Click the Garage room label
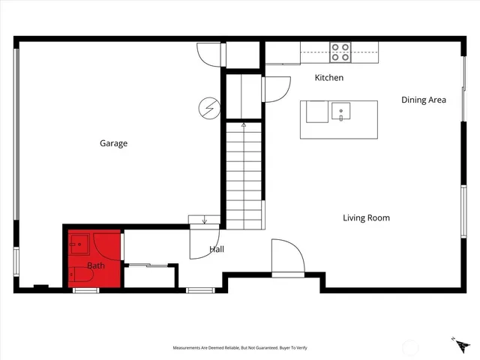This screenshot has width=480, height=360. click(114, 143)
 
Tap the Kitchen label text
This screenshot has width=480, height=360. click(328, 78)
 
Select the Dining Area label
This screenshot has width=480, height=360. click(424, 100)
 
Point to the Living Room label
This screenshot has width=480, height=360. click(366, 218)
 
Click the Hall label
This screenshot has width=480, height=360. click(217, 249)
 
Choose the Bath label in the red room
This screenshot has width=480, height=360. click(96, 265)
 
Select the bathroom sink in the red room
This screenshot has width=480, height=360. click(78, 244)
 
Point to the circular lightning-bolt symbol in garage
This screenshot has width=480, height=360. click(209, 109)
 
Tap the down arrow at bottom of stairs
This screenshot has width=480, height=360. click(205, 220)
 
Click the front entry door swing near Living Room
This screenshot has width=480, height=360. click(288, 259)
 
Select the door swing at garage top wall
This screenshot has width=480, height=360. click(210, 54)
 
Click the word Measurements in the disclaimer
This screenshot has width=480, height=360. click(190, 348)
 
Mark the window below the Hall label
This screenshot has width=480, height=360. click(199, 290)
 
